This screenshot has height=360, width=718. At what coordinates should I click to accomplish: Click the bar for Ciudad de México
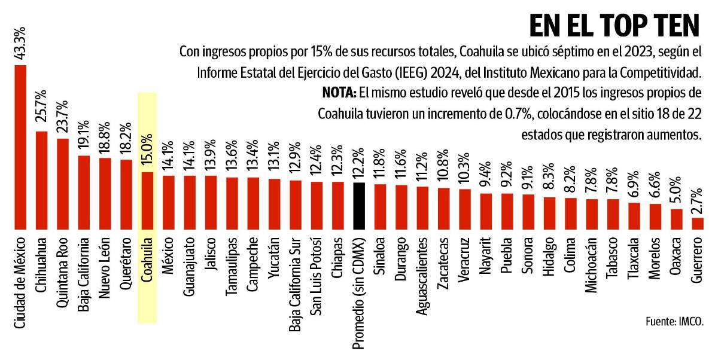point(20,147)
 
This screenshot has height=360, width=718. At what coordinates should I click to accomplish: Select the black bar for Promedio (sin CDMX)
point(359,206)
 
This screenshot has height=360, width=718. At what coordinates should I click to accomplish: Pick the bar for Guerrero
point(697,224)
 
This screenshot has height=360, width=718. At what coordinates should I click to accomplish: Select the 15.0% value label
point(147,152)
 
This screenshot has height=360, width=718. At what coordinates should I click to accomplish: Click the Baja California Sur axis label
point(295,280)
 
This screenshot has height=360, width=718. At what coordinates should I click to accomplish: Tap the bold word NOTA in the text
point(339,93)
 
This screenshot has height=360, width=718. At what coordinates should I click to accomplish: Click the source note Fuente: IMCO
point(674,321)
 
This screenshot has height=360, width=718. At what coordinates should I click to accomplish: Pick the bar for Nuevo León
point(105,193)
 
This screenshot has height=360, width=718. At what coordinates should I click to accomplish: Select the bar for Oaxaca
point(676,219)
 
